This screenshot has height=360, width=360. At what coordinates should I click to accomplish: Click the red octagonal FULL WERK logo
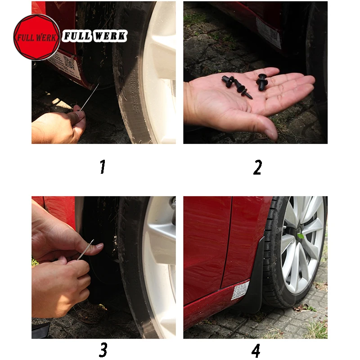(37, 37)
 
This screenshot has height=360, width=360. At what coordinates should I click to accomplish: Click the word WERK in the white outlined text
(110, 36)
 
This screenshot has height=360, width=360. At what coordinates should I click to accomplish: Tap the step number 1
(103, 166)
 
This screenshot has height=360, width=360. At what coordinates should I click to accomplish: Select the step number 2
(257, 167)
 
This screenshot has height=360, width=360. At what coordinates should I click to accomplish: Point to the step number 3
(103, 350)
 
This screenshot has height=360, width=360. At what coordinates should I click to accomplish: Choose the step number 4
(256, 351)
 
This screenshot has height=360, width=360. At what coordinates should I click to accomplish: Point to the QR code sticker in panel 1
(69, 63)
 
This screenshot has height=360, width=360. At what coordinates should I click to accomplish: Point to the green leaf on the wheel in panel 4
(301, 236)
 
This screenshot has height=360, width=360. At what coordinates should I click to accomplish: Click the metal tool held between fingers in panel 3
(85, 250)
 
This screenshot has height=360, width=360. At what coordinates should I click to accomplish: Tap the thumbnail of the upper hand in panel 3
(99, 246)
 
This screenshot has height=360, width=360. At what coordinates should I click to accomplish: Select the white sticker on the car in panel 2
(268, 32)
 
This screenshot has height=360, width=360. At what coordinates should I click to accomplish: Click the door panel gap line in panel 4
(227, 242)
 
